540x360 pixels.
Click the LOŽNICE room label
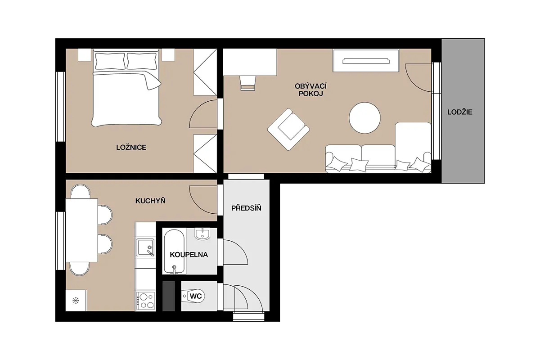click(131, 147)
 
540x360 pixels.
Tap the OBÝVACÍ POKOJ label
click(310, 90)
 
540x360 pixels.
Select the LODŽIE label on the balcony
click(460, 112)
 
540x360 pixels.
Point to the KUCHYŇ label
click(150, 201)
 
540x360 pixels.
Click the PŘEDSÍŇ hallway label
click(246, 208)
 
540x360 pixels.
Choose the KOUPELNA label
click(189, 255)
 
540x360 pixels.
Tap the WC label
click(195, 296)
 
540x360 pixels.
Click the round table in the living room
click(364, 117)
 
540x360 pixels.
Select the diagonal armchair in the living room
click(288, 129)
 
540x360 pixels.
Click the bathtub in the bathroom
click(174, 252)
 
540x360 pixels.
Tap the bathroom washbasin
click(202, 234)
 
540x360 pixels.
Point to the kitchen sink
click(145, 247)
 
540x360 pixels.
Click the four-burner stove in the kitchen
click(146, 301)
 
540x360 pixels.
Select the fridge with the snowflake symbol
click(76, 301)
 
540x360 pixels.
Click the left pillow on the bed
click(110, 61)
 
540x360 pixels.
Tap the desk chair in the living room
click(247, 83)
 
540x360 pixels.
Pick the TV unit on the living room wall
click(366, 60)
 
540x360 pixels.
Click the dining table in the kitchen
click(82, 230)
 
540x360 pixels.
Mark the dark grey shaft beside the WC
click(168, 296)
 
